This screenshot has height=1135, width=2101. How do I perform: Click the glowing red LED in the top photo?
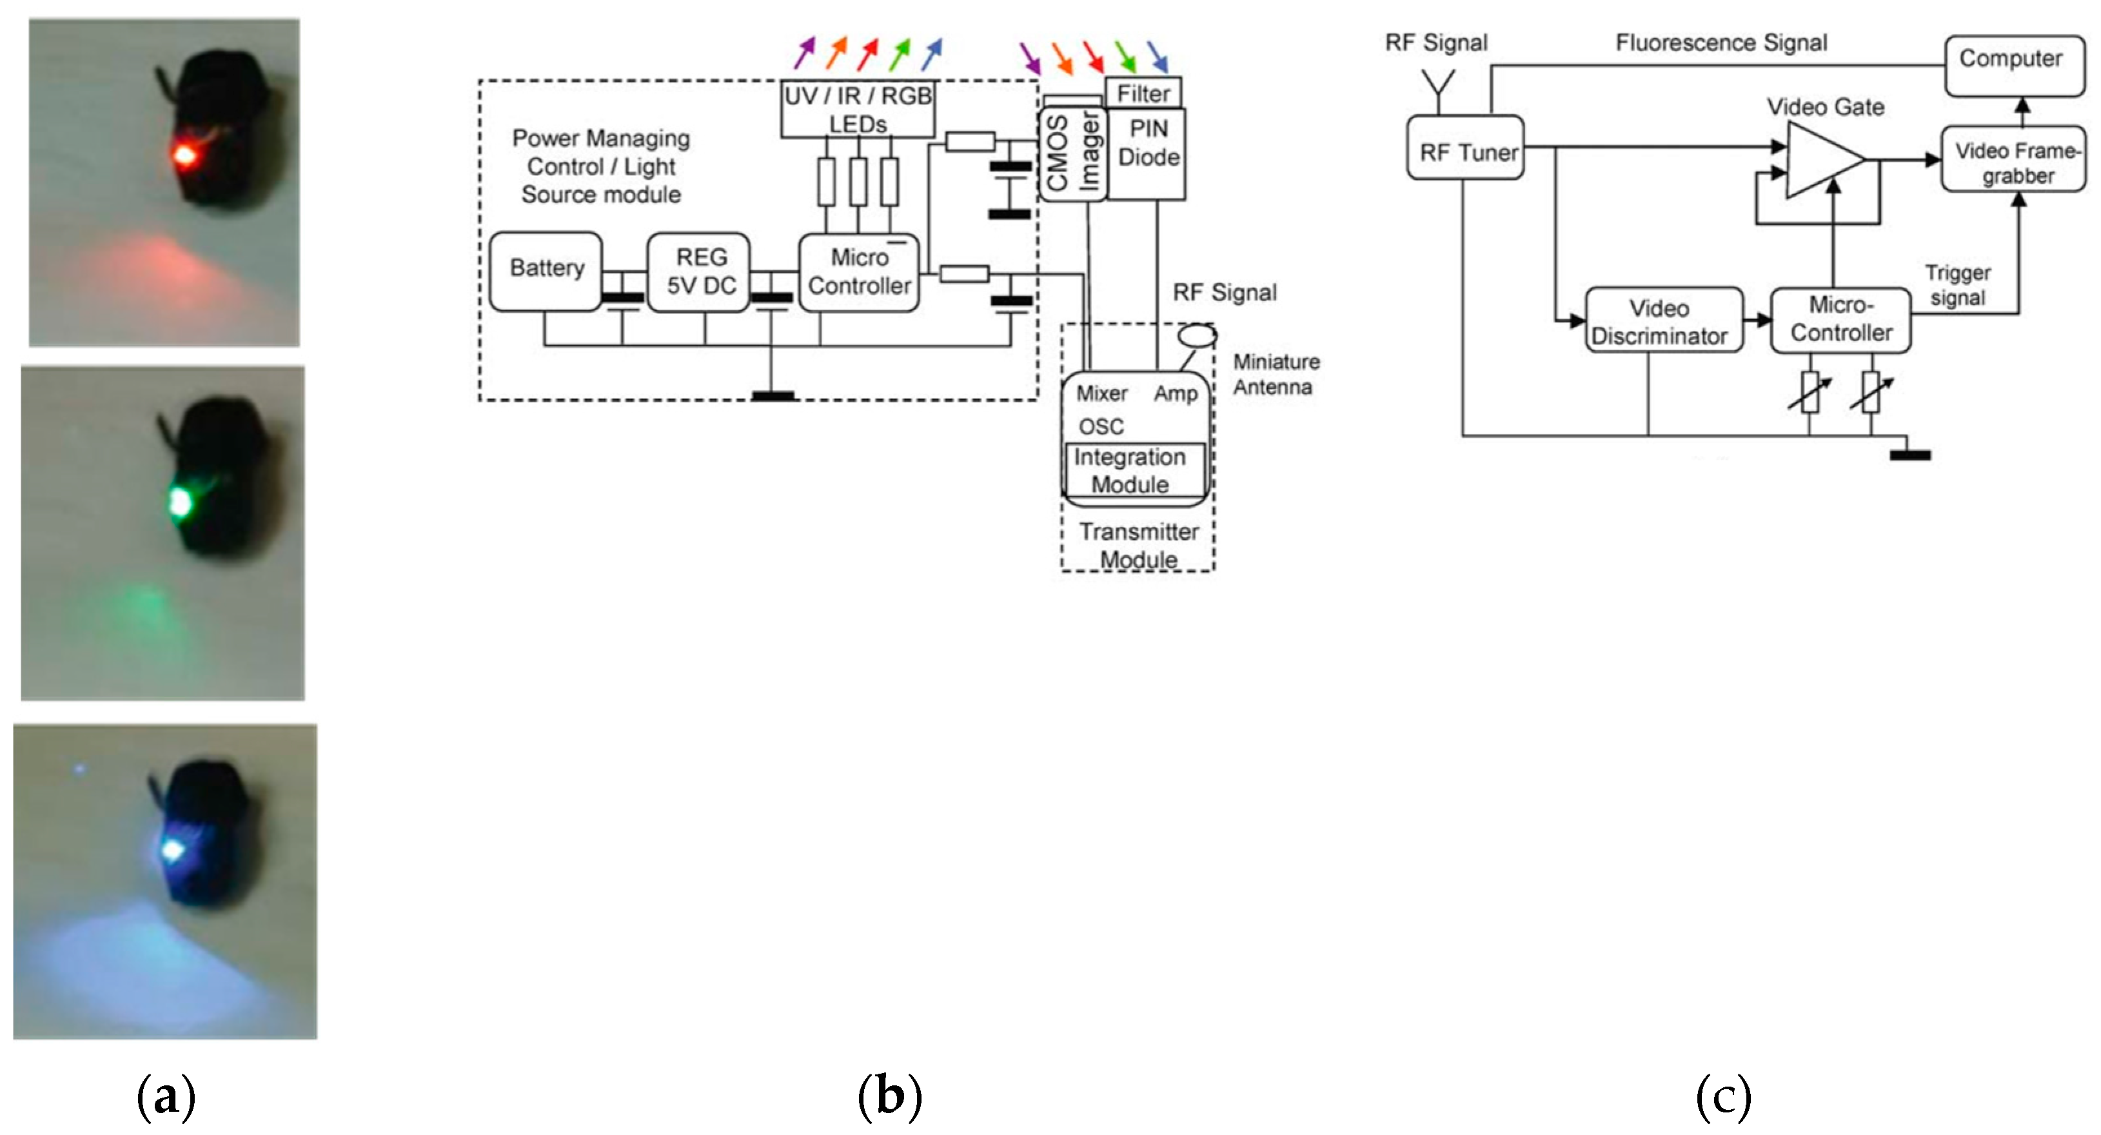click(x=184, y=155)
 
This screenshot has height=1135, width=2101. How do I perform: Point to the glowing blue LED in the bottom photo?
click(x=173, y=851)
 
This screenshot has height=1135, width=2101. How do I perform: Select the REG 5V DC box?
click(x=700, y=271)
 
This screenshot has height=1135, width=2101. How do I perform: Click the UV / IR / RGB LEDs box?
click(x=857, y=109)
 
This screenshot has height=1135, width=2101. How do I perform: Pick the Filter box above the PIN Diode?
click(x=1143, y=94)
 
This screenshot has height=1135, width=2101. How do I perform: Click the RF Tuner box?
click(x=1466, y=148)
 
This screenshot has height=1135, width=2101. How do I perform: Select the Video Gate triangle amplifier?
click(x=1820, y=161)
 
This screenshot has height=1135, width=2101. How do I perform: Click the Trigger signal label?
click(x=1957, y=286)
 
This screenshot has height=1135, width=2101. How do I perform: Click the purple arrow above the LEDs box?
click(x=804, y=52)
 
